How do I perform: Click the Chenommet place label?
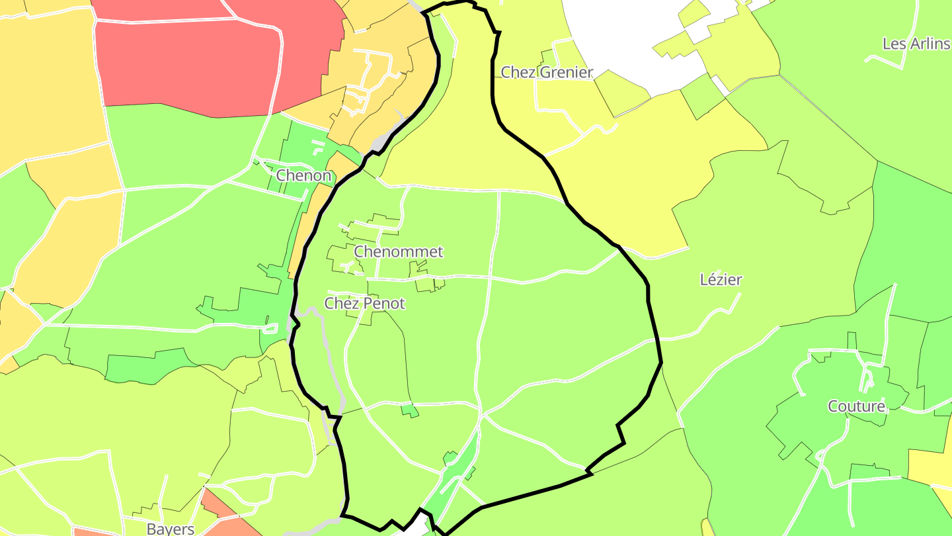point(398,252)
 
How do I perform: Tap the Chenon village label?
point(303,176)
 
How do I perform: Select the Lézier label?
point(721,280)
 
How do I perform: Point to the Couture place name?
point(856,406)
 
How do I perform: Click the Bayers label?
point(171,529)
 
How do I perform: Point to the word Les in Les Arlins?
point(894,44)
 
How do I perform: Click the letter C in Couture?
point(833,406)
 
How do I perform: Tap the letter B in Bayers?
point(151,529)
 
